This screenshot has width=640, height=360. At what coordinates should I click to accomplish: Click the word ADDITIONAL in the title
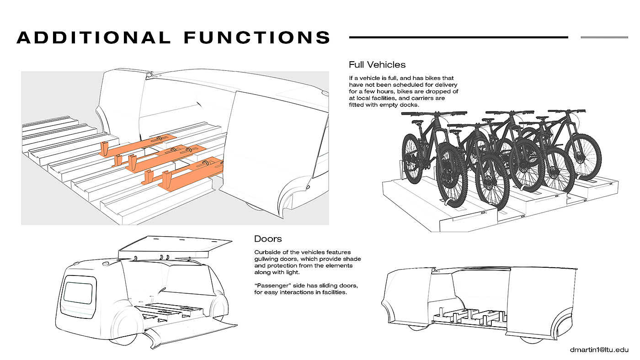[x=93, y=37]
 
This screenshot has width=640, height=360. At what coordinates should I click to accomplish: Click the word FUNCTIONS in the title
[x=257, y=37]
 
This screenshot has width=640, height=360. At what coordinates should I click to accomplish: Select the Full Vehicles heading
[x=377, y=64]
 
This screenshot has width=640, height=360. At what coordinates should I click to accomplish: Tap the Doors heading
[x=268, y=239]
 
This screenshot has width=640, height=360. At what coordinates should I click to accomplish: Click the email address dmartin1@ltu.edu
[x=599, y=350]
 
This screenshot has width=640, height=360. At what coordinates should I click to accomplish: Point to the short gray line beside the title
[x=604, y=37]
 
